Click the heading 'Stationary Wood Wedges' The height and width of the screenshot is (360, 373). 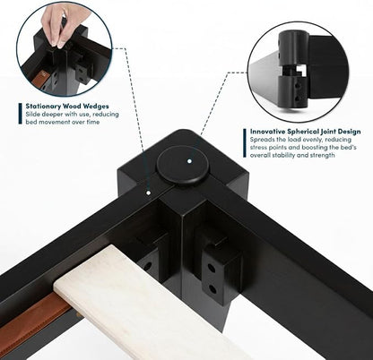(x=67, y=106)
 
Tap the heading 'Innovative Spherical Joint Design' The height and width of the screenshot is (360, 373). (x=306, y=132)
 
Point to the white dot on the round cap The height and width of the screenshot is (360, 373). (x=189, y=161)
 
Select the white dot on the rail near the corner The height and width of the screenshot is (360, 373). (x=148, y=193)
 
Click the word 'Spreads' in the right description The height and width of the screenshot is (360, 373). (x=261, y=140)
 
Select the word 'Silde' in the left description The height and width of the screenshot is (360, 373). (x=32, y=114)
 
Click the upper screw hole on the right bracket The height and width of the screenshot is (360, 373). (x=212, y=268)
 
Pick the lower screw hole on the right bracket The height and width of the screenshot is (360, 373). (x=213, y=289)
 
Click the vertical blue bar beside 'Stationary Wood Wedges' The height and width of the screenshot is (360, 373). (x=20, y=114)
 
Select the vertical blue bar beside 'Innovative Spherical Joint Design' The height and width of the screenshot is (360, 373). (x=245, y=143)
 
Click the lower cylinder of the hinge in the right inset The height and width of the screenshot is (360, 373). (x=292, y=91)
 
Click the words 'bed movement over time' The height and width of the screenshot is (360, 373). (x=63, y=122)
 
